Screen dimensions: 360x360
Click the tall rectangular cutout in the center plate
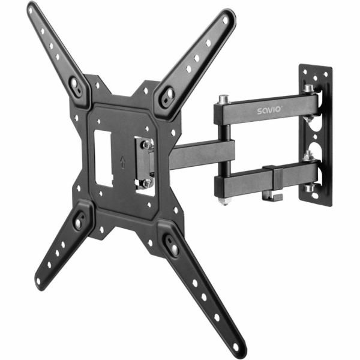(104, 155)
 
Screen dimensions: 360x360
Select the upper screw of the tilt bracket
(146, 144)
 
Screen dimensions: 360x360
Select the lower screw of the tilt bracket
(144, 182)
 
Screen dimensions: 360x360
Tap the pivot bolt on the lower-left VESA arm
(79, 221)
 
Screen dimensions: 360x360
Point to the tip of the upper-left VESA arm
(31, 9)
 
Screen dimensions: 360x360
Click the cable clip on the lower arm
(277, 183)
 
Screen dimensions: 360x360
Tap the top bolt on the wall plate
(308, 89)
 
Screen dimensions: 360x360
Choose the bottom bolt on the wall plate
(310, 188)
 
